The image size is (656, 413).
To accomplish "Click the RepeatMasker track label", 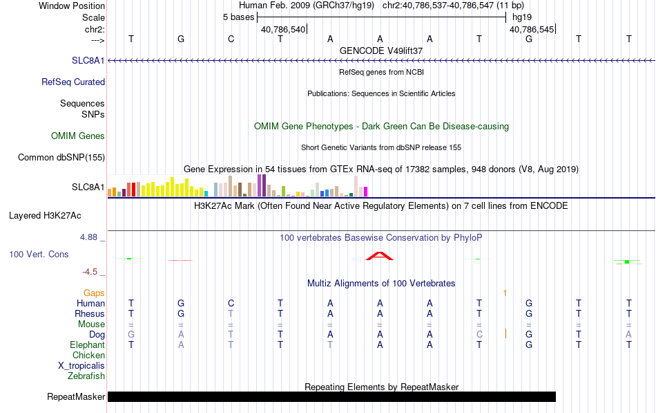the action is pos(76,396).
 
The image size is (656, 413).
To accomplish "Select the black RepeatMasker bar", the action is pos(331,396).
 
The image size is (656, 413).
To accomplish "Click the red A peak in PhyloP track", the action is pos(380,256).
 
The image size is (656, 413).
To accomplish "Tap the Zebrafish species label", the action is pos(86,376).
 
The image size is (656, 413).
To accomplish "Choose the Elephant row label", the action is pos(87,345).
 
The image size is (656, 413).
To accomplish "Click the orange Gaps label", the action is pos(94,293).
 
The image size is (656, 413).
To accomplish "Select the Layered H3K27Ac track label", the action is pos(45,216).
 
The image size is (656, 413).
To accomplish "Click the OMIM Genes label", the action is pos(78,136).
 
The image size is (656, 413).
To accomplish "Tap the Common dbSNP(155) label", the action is pos(61,158).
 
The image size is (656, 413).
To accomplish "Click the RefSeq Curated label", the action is pos(73,82).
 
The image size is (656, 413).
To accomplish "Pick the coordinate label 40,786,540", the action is pos(283,30).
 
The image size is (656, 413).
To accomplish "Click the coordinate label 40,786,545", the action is pos(532,30).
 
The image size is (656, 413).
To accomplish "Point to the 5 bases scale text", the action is pos(238,17).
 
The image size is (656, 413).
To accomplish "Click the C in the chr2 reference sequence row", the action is pos(231,39).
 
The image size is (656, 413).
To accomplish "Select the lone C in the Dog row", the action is pos(479,335).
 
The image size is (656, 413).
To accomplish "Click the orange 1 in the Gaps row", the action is pos(505,293).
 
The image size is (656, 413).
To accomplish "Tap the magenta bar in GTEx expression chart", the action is pos(366,192).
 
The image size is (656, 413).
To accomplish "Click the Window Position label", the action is pos(72,6).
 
